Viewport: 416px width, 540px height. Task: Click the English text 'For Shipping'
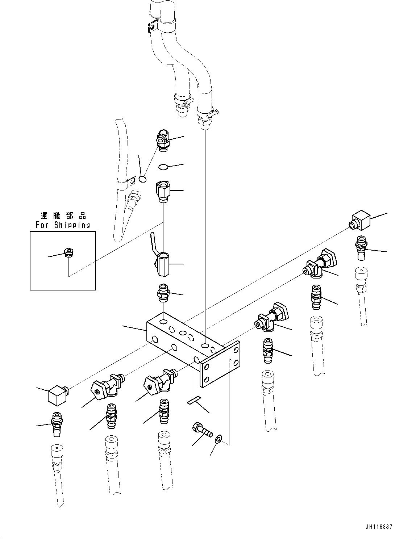(63, 225)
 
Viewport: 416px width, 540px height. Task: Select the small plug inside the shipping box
(68, 252)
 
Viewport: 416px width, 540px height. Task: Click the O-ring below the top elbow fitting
(163, 167)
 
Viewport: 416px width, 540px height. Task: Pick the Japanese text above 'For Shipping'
(63, 216)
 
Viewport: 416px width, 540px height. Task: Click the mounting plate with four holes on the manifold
(221, 364)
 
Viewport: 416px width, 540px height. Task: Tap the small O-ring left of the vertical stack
(143, 179)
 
